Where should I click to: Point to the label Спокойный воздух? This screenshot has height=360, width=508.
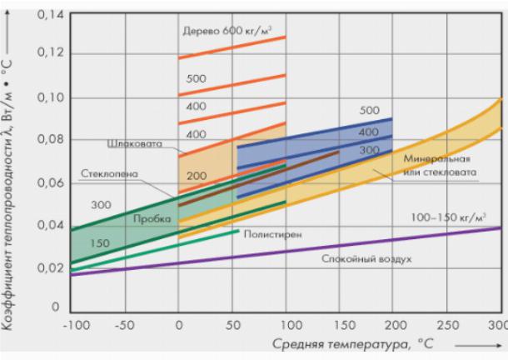click(x=366, y=258)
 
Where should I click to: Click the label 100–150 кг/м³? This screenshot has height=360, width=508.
click(x=448, y=217)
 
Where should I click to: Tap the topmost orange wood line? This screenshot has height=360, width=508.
click(x=232, y=47)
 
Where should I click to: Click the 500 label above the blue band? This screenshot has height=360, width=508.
click(x=370, y=111)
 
